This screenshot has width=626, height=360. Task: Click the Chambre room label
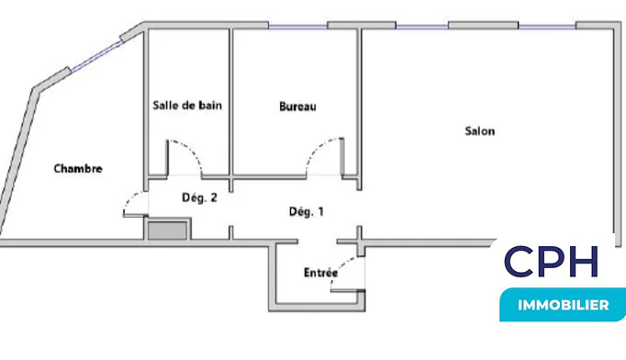[78, 169]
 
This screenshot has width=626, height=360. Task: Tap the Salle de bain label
[187, 106]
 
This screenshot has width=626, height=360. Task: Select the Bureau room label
[297, 107]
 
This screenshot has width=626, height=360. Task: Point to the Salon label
[480, 131]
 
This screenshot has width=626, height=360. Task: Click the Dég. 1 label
[307, 211]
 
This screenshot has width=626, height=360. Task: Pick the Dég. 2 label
[199, 197]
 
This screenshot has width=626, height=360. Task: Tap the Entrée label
[320, 273]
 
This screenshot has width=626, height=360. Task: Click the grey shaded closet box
[168, 231]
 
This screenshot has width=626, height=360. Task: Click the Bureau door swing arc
[318, 147]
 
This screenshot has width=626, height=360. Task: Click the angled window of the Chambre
[95, 57]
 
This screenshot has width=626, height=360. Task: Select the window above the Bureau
[297, 27]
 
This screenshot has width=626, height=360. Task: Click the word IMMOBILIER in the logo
[564, 305]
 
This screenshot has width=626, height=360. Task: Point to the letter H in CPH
[584, 262]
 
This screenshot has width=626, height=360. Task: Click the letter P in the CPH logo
[553, 262]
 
